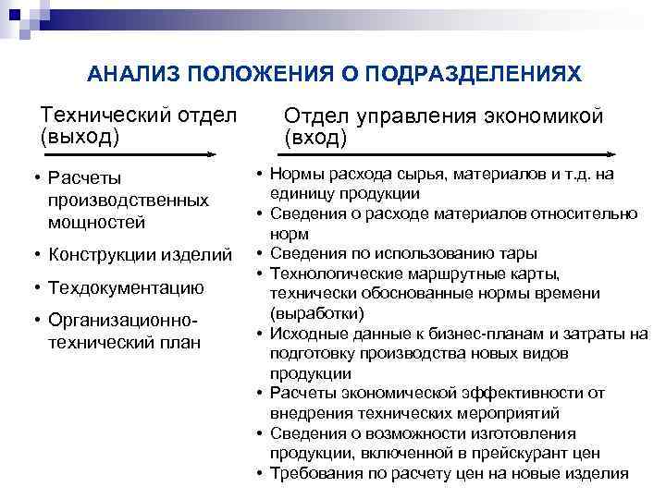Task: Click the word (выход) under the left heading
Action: [x=80, y=138]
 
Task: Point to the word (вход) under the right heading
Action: [x=317, y=139]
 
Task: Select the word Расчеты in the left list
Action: [x=86, y=178]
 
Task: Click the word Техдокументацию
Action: [x=124, y=288]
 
